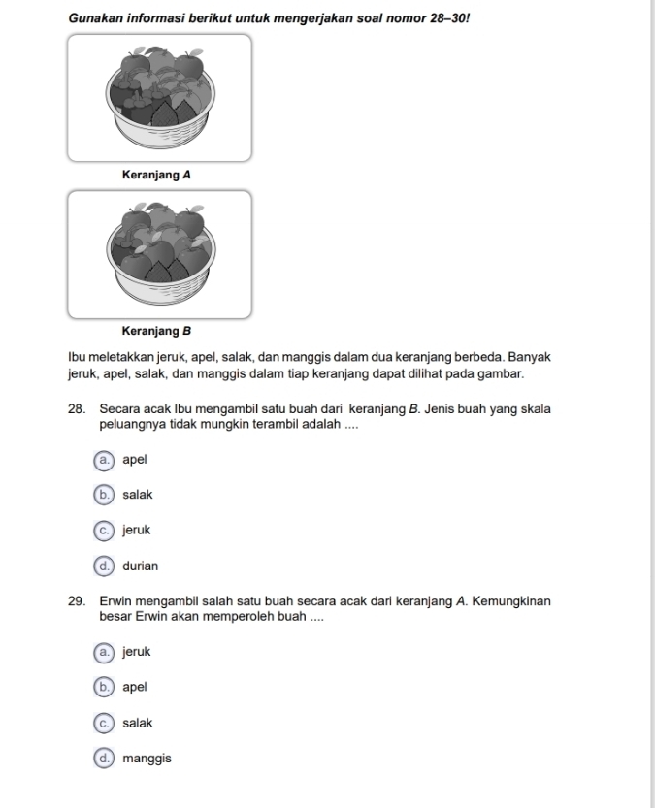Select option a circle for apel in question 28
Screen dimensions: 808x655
point(102,459)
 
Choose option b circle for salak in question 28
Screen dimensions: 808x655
point(102,495)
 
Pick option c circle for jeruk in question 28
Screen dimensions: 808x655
point(102,531)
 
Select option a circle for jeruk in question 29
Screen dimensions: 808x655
point(102,652)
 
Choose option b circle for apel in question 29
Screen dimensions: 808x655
point(102,687)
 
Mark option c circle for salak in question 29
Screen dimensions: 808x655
point(102,723)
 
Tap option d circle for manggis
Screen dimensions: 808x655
point(102,759)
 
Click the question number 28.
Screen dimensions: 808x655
point(78,410)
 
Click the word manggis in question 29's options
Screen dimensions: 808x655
point(147,759)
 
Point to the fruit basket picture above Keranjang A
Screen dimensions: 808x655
point(160,97)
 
